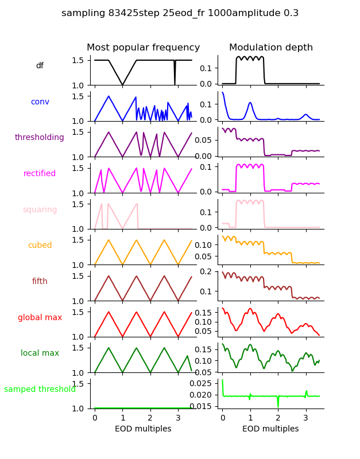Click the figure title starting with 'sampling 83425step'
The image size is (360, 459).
pos(180,13)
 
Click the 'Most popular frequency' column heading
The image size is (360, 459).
pos(143,48)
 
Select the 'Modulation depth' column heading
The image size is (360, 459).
pos(270,48)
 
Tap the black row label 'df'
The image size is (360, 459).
pos(40,66)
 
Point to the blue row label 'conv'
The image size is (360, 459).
pos(40,102)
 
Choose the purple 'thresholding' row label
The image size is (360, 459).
pos(40,138)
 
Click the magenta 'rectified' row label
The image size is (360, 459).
pos(40,174)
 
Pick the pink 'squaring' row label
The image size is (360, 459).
pos(40,210)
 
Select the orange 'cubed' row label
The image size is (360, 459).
pos(40,246)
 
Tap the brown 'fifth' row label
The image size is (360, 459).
pos(40,282)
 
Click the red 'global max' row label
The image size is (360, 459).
pos(40,318)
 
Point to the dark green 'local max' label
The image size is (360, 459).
pos(40,353)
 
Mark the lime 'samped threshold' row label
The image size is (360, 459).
pos(40,390)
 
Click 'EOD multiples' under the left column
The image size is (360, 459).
pos(143,429)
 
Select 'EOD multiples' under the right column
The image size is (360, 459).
pos(270,429)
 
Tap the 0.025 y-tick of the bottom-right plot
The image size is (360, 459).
pos(204,383)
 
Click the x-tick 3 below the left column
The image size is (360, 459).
pos(178,418)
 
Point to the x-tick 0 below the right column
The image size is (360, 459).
pos(222,418)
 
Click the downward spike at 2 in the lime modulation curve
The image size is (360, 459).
pos(278,405)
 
